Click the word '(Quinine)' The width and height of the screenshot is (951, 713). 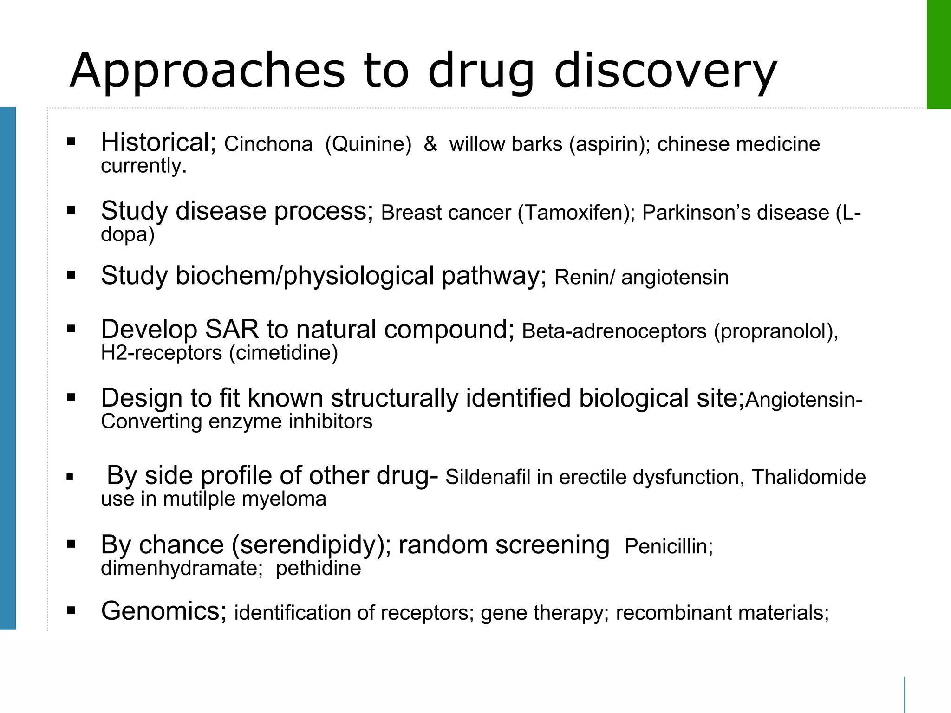click(368, 144)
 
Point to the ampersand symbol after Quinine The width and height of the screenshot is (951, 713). click(430, 144)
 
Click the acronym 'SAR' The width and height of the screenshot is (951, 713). click(232, 330)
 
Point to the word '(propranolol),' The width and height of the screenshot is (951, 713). click(776, 331)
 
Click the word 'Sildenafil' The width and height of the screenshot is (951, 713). click(487, 477)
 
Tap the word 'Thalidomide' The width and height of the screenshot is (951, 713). click(808, 477)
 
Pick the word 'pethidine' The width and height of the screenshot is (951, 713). click(319, 568)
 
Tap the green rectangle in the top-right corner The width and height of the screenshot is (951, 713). click(938, 54)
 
